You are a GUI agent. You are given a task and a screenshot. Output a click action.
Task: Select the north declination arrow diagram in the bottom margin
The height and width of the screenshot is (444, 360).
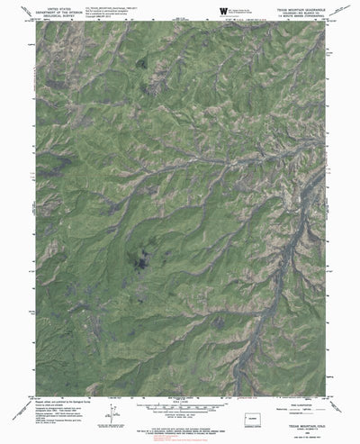pyautogui.click(x=111, y=392)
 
